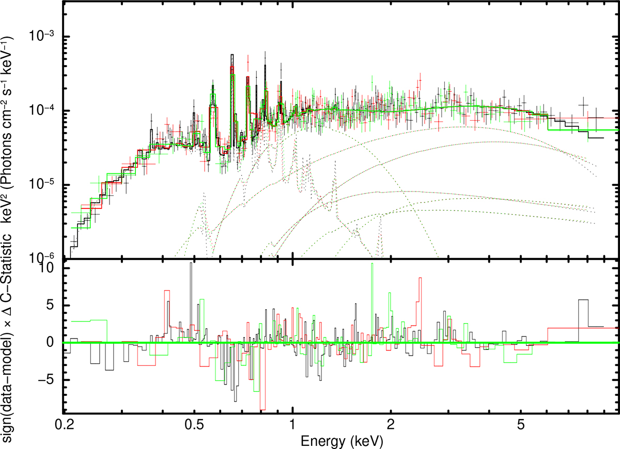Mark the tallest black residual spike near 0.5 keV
coord(191,264)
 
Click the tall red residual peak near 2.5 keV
coord(420,279)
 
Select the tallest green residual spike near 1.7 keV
coord(371,264)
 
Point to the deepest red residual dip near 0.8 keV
coord(263,408)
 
